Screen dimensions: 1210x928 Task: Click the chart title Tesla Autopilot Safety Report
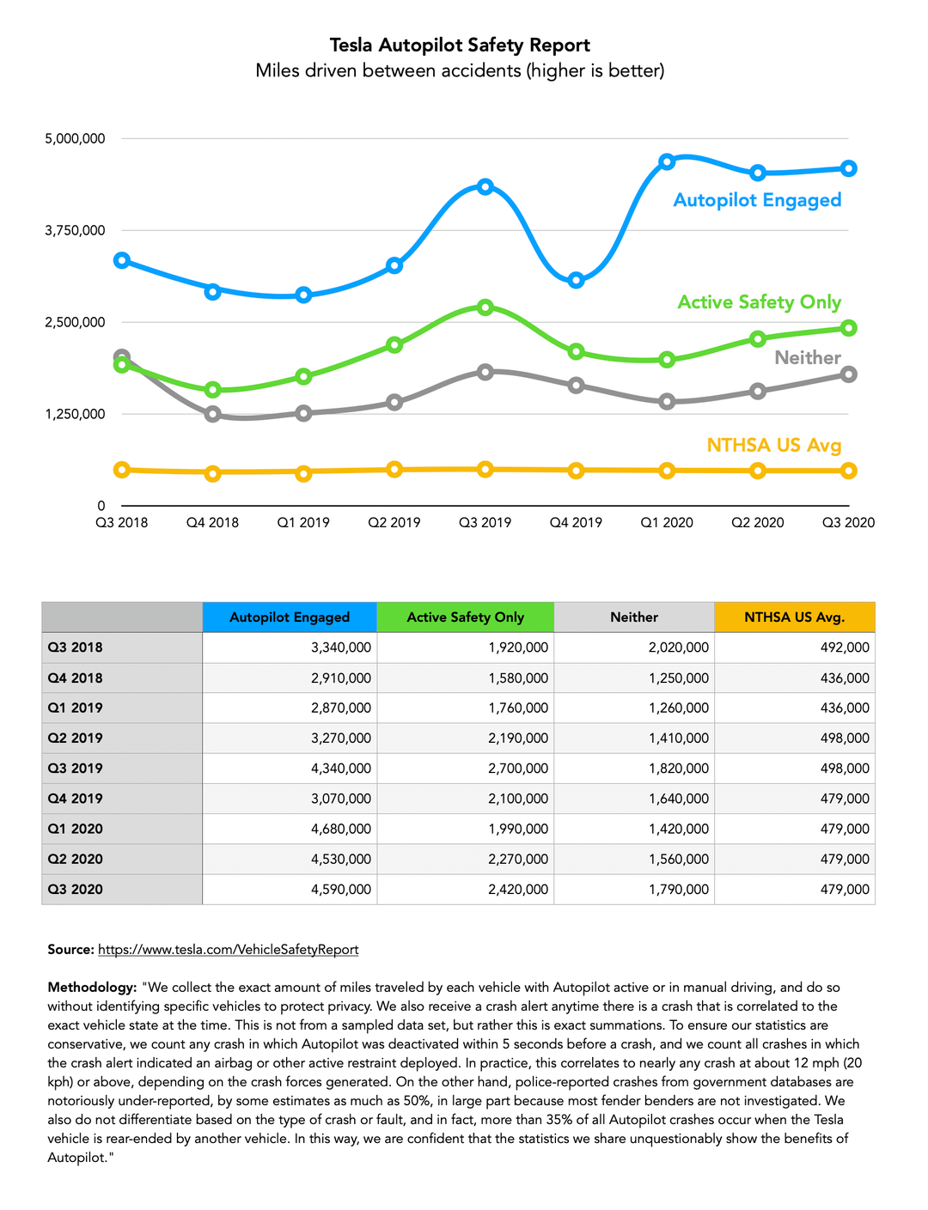pyautogui.click(x=460, y=46)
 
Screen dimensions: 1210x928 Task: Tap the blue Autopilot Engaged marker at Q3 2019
pyautogui.click(x=485, y=186)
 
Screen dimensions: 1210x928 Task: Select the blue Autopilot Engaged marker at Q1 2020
pyautogui.click(x=667, y=161)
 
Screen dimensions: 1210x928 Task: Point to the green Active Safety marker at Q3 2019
pyautogui.click(x=485, y=307)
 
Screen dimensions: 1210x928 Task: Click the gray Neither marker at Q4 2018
pyautogui.click(x=212, y=414)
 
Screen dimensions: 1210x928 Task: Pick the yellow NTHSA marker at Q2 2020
pyautogui.click(x=758, y=471)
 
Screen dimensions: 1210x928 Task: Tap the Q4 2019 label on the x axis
pyautogui.click(x=576, y=522)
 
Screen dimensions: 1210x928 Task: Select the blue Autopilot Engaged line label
pyautogui.click(x=757, y=200)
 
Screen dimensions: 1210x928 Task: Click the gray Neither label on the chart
pyautogui.click(x=807, y=357)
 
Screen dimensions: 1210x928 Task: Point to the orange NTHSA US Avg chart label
pyautogui.click(x=773, y=445)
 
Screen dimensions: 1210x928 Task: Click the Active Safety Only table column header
pyautogui.click(x=465, y=617)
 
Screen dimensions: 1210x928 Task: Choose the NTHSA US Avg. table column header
pyautogui.click(x=794, y=617)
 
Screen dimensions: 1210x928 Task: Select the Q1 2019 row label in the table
pyautogui.click(x=76, y=708)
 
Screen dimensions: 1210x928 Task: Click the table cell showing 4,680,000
pyautogui.click(x=341, y=829)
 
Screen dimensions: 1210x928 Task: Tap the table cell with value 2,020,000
pyautogui.click(x=679, y=648)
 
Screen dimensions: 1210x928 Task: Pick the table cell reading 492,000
pyautogui.click(x=845, y=648)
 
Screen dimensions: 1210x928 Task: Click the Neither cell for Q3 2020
pyautogui.click(x=679, y=889)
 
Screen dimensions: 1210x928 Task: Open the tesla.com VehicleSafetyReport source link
pyautogui.click(x=228, y=949)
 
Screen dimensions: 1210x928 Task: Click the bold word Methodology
pyautogui.click(x=92, y=987)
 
